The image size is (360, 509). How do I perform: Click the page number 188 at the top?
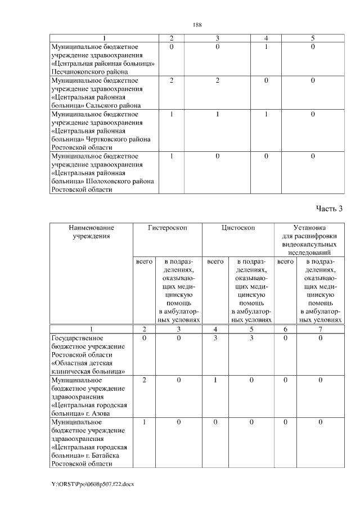click(197, 24)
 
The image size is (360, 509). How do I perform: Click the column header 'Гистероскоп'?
click(167, 228)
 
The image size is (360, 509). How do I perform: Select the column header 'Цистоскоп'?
click(238, 228)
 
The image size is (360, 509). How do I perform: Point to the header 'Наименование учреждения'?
click(91, 232)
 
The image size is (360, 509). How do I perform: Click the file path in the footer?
click(93, 484)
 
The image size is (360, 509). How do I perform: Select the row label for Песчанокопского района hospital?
click(102, 59)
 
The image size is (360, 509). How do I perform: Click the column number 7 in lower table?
click(320, 329)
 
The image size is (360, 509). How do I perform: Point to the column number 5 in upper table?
click(313, 38)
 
